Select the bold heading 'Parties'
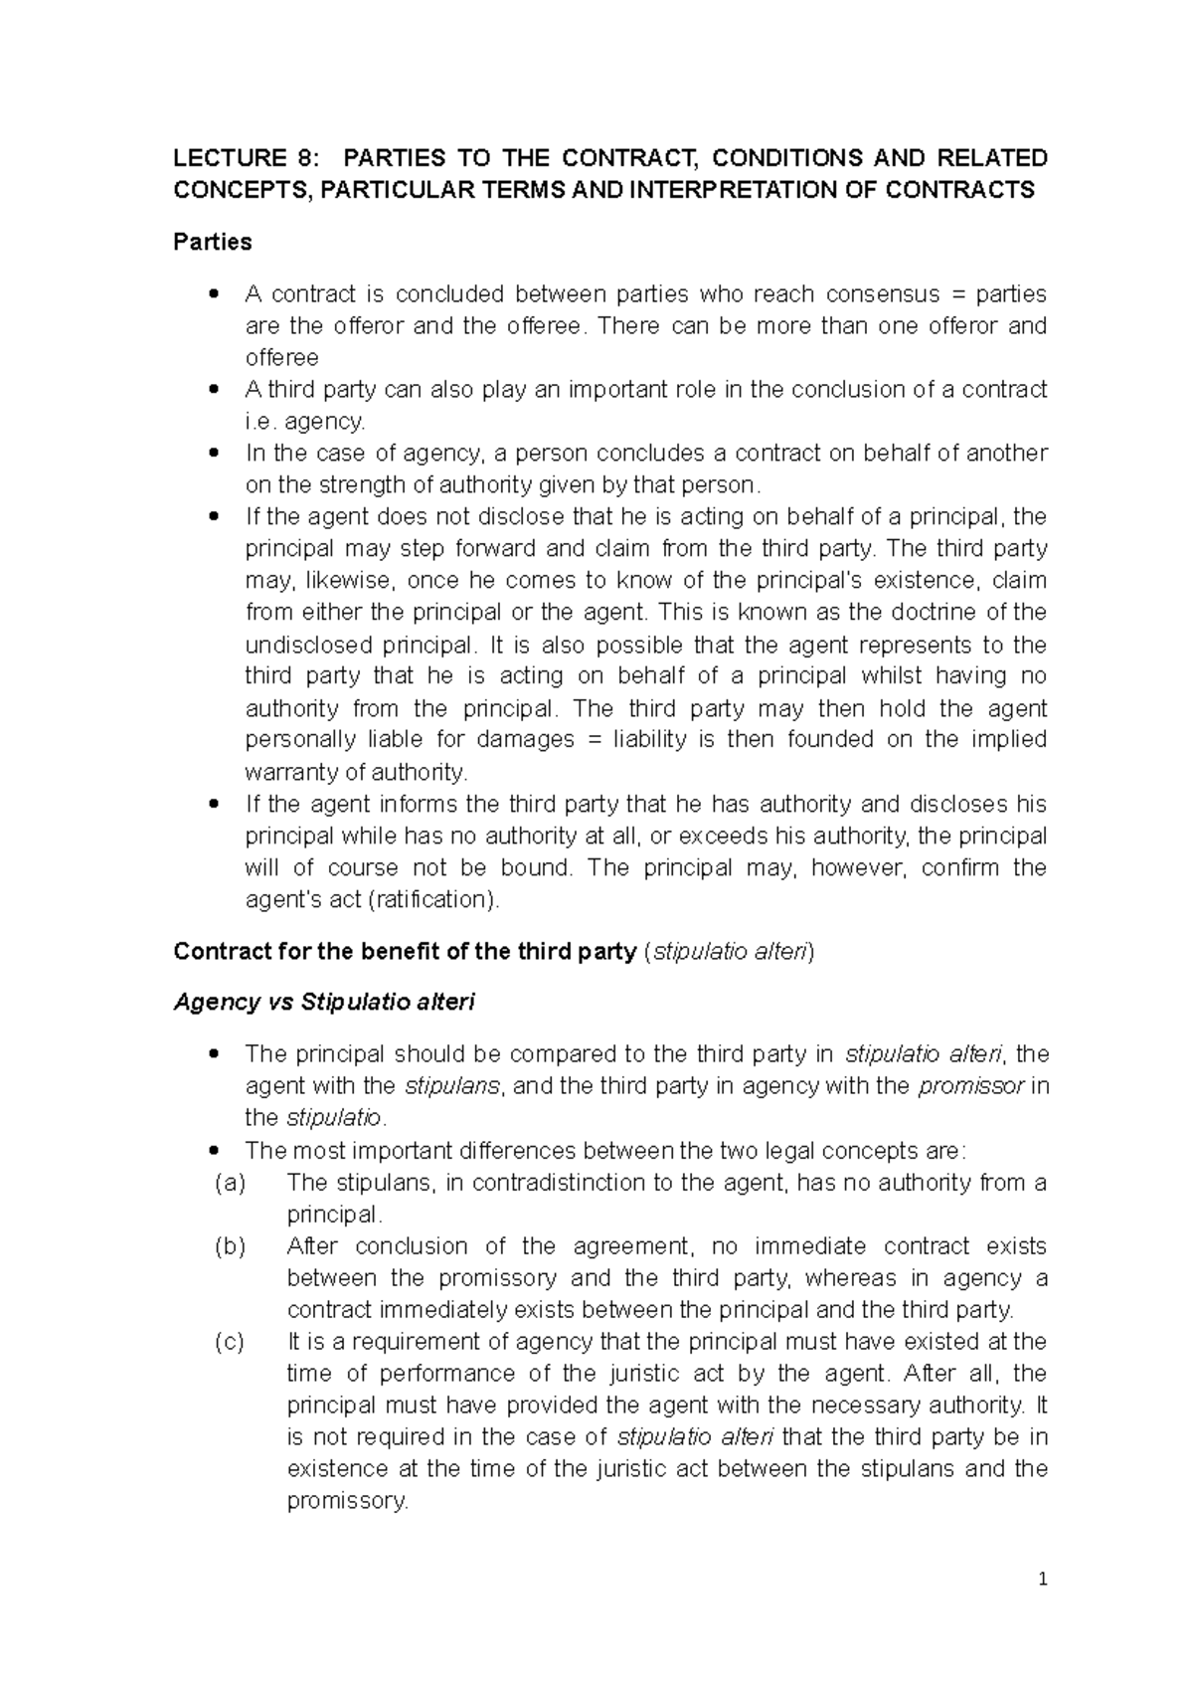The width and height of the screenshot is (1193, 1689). pyautogui.click(x=212, y=242)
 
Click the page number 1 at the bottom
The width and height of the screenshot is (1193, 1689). pyautogui.click(x=1042, y=1580)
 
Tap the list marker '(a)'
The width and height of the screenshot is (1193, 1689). pyautogui.click(x=230, y=1183)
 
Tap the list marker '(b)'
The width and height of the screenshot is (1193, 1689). pyautogui.click(x=230, y=1246)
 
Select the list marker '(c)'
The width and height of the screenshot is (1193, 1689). pyautogui.click(x=230, y=1342)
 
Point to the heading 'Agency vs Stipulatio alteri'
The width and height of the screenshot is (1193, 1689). pyautogui.click(x=324, y=1002)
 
